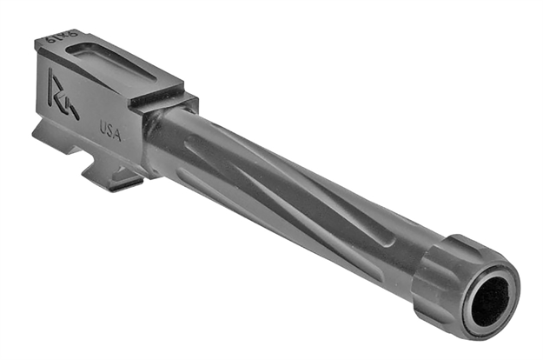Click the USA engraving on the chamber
click(111, 130)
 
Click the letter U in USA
click(103, 128)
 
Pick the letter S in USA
click(111, 130)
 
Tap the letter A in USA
click(119, 134)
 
